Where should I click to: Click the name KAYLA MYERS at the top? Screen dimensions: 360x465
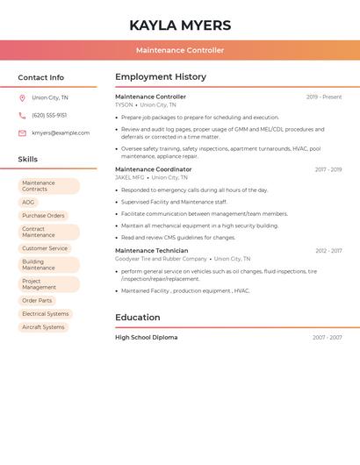(x=180, y=25)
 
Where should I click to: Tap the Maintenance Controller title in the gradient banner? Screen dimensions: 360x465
(x=180, y=51)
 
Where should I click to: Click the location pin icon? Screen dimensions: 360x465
(x=22, y=98)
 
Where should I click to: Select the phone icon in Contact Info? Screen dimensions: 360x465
(x=22, y=116)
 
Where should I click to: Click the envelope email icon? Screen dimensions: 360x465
(x=22, y=133)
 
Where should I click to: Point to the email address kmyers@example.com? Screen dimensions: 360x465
(x=61, y=133)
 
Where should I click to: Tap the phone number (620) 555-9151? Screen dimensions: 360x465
(x=49, y=116)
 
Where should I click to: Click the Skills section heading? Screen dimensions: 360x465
(x=28, y=160)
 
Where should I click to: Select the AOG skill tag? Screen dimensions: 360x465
(x=29, y=203)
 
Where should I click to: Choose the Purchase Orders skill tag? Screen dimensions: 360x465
(x=43, y=216)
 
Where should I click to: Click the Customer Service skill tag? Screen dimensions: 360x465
(x=45, y=248)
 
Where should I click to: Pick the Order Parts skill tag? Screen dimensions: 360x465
(x=37, y=301)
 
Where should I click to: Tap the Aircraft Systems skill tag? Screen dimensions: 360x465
(x=43, y=327)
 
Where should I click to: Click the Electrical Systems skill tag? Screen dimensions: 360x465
(x=45, y=314)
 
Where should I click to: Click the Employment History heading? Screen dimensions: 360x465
(x=161, y=77)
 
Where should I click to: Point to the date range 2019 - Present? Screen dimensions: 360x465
(x=324, y=97)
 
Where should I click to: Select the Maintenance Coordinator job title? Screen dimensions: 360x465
(x=153, y=169)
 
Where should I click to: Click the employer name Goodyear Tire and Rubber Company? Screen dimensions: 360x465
(x=161, y=259)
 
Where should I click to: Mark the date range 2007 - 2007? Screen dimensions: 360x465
(x=327, y=338)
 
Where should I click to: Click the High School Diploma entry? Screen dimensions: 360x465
(x=146, y=338)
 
